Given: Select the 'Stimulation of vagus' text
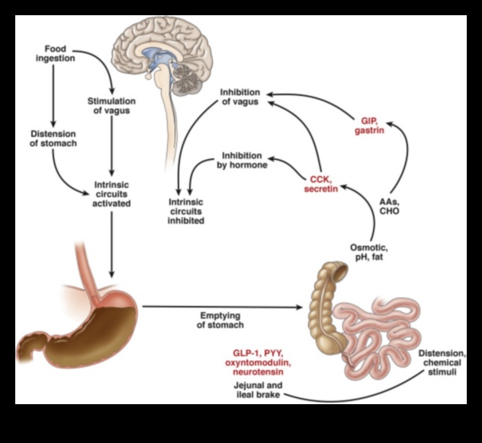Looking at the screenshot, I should click(x=112, y=107).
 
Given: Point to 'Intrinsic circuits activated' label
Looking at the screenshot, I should click(x=112, y=193).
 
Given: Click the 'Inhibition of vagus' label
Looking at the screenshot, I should click(x=240, y=97).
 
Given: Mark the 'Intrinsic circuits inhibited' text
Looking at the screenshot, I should click(x=188, y=211).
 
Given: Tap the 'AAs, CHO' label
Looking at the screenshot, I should click(x=389, y=206).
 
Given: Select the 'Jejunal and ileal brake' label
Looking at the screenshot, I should click(x=259, y=390).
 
